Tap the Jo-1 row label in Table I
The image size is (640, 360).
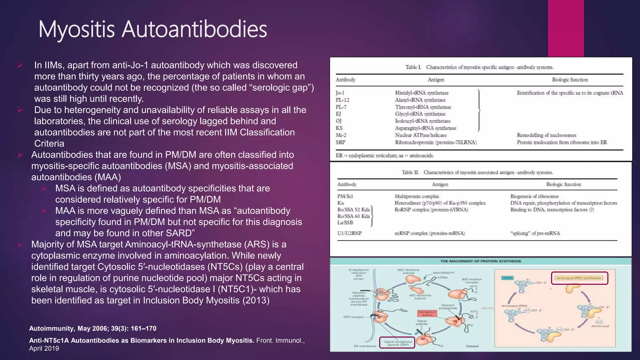point(340,93)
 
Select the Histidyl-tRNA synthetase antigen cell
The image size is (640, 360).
point(422,93)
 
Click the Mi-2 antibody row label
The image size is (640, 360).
point(341,135)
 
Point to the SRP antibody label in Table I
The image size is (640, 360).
point(340,142)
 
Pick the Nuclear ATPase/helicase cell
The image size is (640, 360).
point(421,135)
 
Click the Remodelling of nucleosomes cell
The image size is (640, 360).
point(547,135)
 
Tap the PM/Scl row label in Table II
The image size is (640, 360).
point(345,196)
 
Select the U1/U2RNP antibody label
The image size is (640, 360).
point(349,233)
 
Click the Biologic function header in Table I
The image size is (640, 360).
point(570,80)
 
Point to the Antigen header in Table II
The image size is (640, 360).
point(440,184)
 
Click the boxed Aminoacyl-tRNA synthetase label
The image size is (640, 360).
point(579,278)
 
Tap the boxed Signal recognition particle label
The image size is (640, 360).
point(397,343)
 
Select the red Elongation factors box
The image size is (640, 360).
point(427,313)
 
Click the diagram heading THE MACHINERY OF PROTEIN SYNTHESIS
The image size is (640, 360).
point(481,261)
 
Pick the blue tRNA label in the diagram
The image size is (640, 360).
point(507,278)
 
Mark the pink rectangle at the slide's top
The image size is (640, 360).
point(566,28)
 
